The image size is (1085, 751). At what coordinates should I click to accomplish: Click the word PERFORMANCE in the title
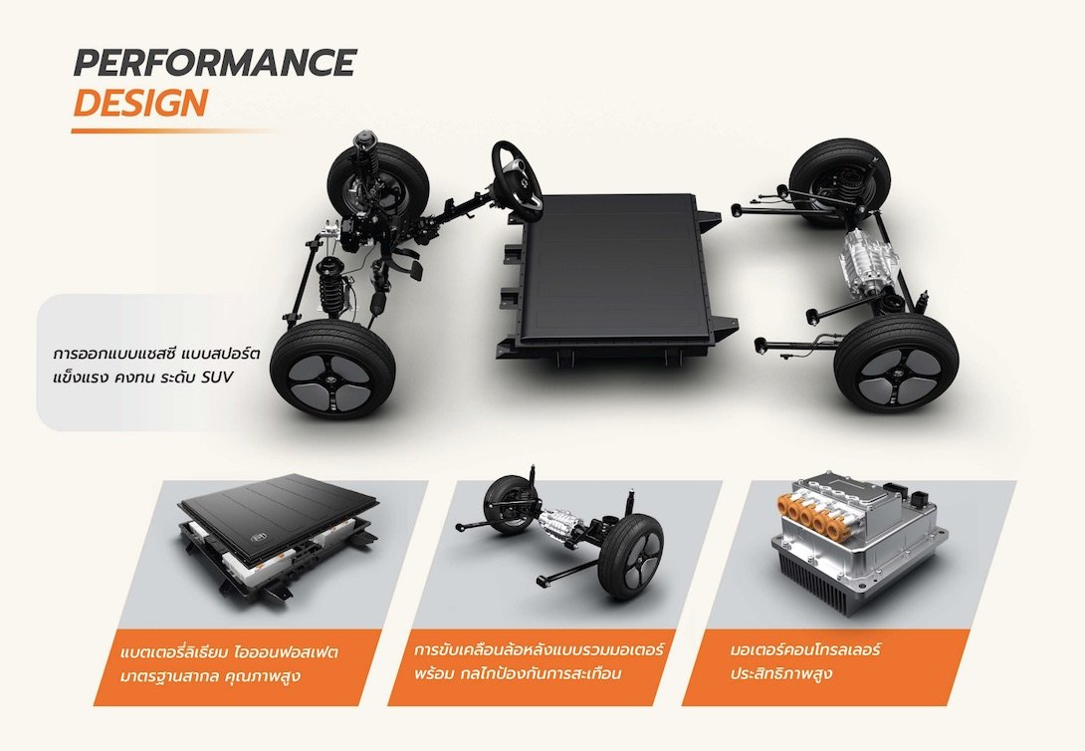click(x=214, y=63)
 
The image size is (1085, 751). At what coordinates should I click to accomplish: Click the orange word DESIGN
click(x=140, y=104)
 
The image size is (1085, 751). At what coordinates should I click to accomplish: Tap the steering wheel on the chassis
click(x=517, y=180)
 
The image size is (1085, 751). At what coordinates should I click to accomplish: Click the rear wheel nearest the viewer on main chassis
click(x=896, y=364)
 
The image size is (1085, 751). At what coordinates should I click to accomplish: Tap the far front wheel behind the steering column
click(x=378, y=181)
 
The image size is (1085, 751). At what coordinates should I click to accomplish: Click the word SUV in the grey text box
click(x=219, y=377)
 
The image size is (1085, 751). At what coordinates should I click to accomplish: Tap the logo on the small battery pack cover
click(x=260, y=539)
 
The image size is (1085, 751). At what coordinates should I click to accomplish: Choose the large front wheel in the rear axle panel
click(x=630, y=557)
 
